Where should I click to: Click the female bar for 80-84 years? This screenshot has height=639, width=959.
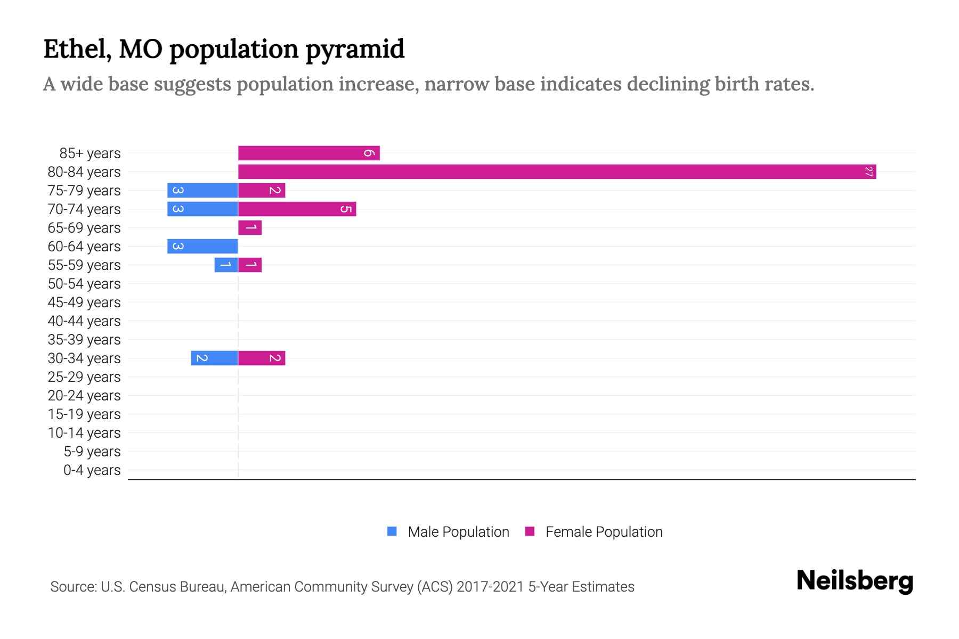pyautogui.click(x=557, y=171)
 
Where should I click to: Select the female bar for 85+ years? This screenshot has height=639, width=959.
pyautogui.click(x=308, y=153)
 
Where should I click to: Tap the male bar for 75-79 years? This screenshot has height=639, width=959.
pyautogui.click(x=202, y=190)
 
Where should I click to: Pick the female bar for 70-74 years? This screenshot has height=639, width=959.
pyautogui.click(x=297, y=209)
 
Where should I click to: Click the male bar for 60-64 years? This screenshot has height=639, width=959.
pyautogui.click(x=202, y=246)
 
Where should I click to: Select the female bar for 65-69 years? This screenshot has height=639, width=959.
pyautogui.click(x=250, y=227)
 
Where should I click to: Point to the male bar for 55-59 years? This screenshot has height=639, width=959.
pyautogui.click(x=226, y=265)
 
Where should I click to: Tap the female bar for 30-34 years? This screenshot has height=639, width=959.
pyautogui.click(x=262, y=358)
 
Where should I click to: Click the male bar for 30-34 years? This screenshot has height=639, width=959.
pyautogui.click(x=214, y=358)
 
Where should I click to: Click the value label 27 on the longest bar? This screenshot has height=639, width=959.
pyautogui.click(x=868, y=171)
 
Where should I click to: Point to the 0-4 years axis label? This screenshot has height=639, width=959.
pyautogui.click(x=92, y=470)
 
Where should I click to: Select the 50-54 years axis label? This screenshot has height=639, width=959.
pyautogui.click(x=84, y=283)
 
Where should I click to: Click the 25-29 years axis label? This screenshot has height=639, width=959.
pyautogui.click(x=84, y=376)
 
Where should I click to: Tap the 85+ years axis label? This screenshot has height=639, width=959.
pyautogui.click(x=90, y=153)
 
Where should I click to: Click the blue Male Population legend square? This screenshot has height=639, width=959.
pyautogui.click(x=392, y=531)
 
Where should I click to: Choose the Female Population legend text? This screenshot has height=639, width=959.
pyautogui.click(x=604, y=531)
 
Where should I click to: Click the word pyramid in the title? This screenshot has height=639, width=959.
pyautogui.click(x=355, y=50)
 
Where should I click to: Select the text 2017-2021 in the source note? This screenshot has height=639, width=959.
pyautogui.click(x=490, y=587)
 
